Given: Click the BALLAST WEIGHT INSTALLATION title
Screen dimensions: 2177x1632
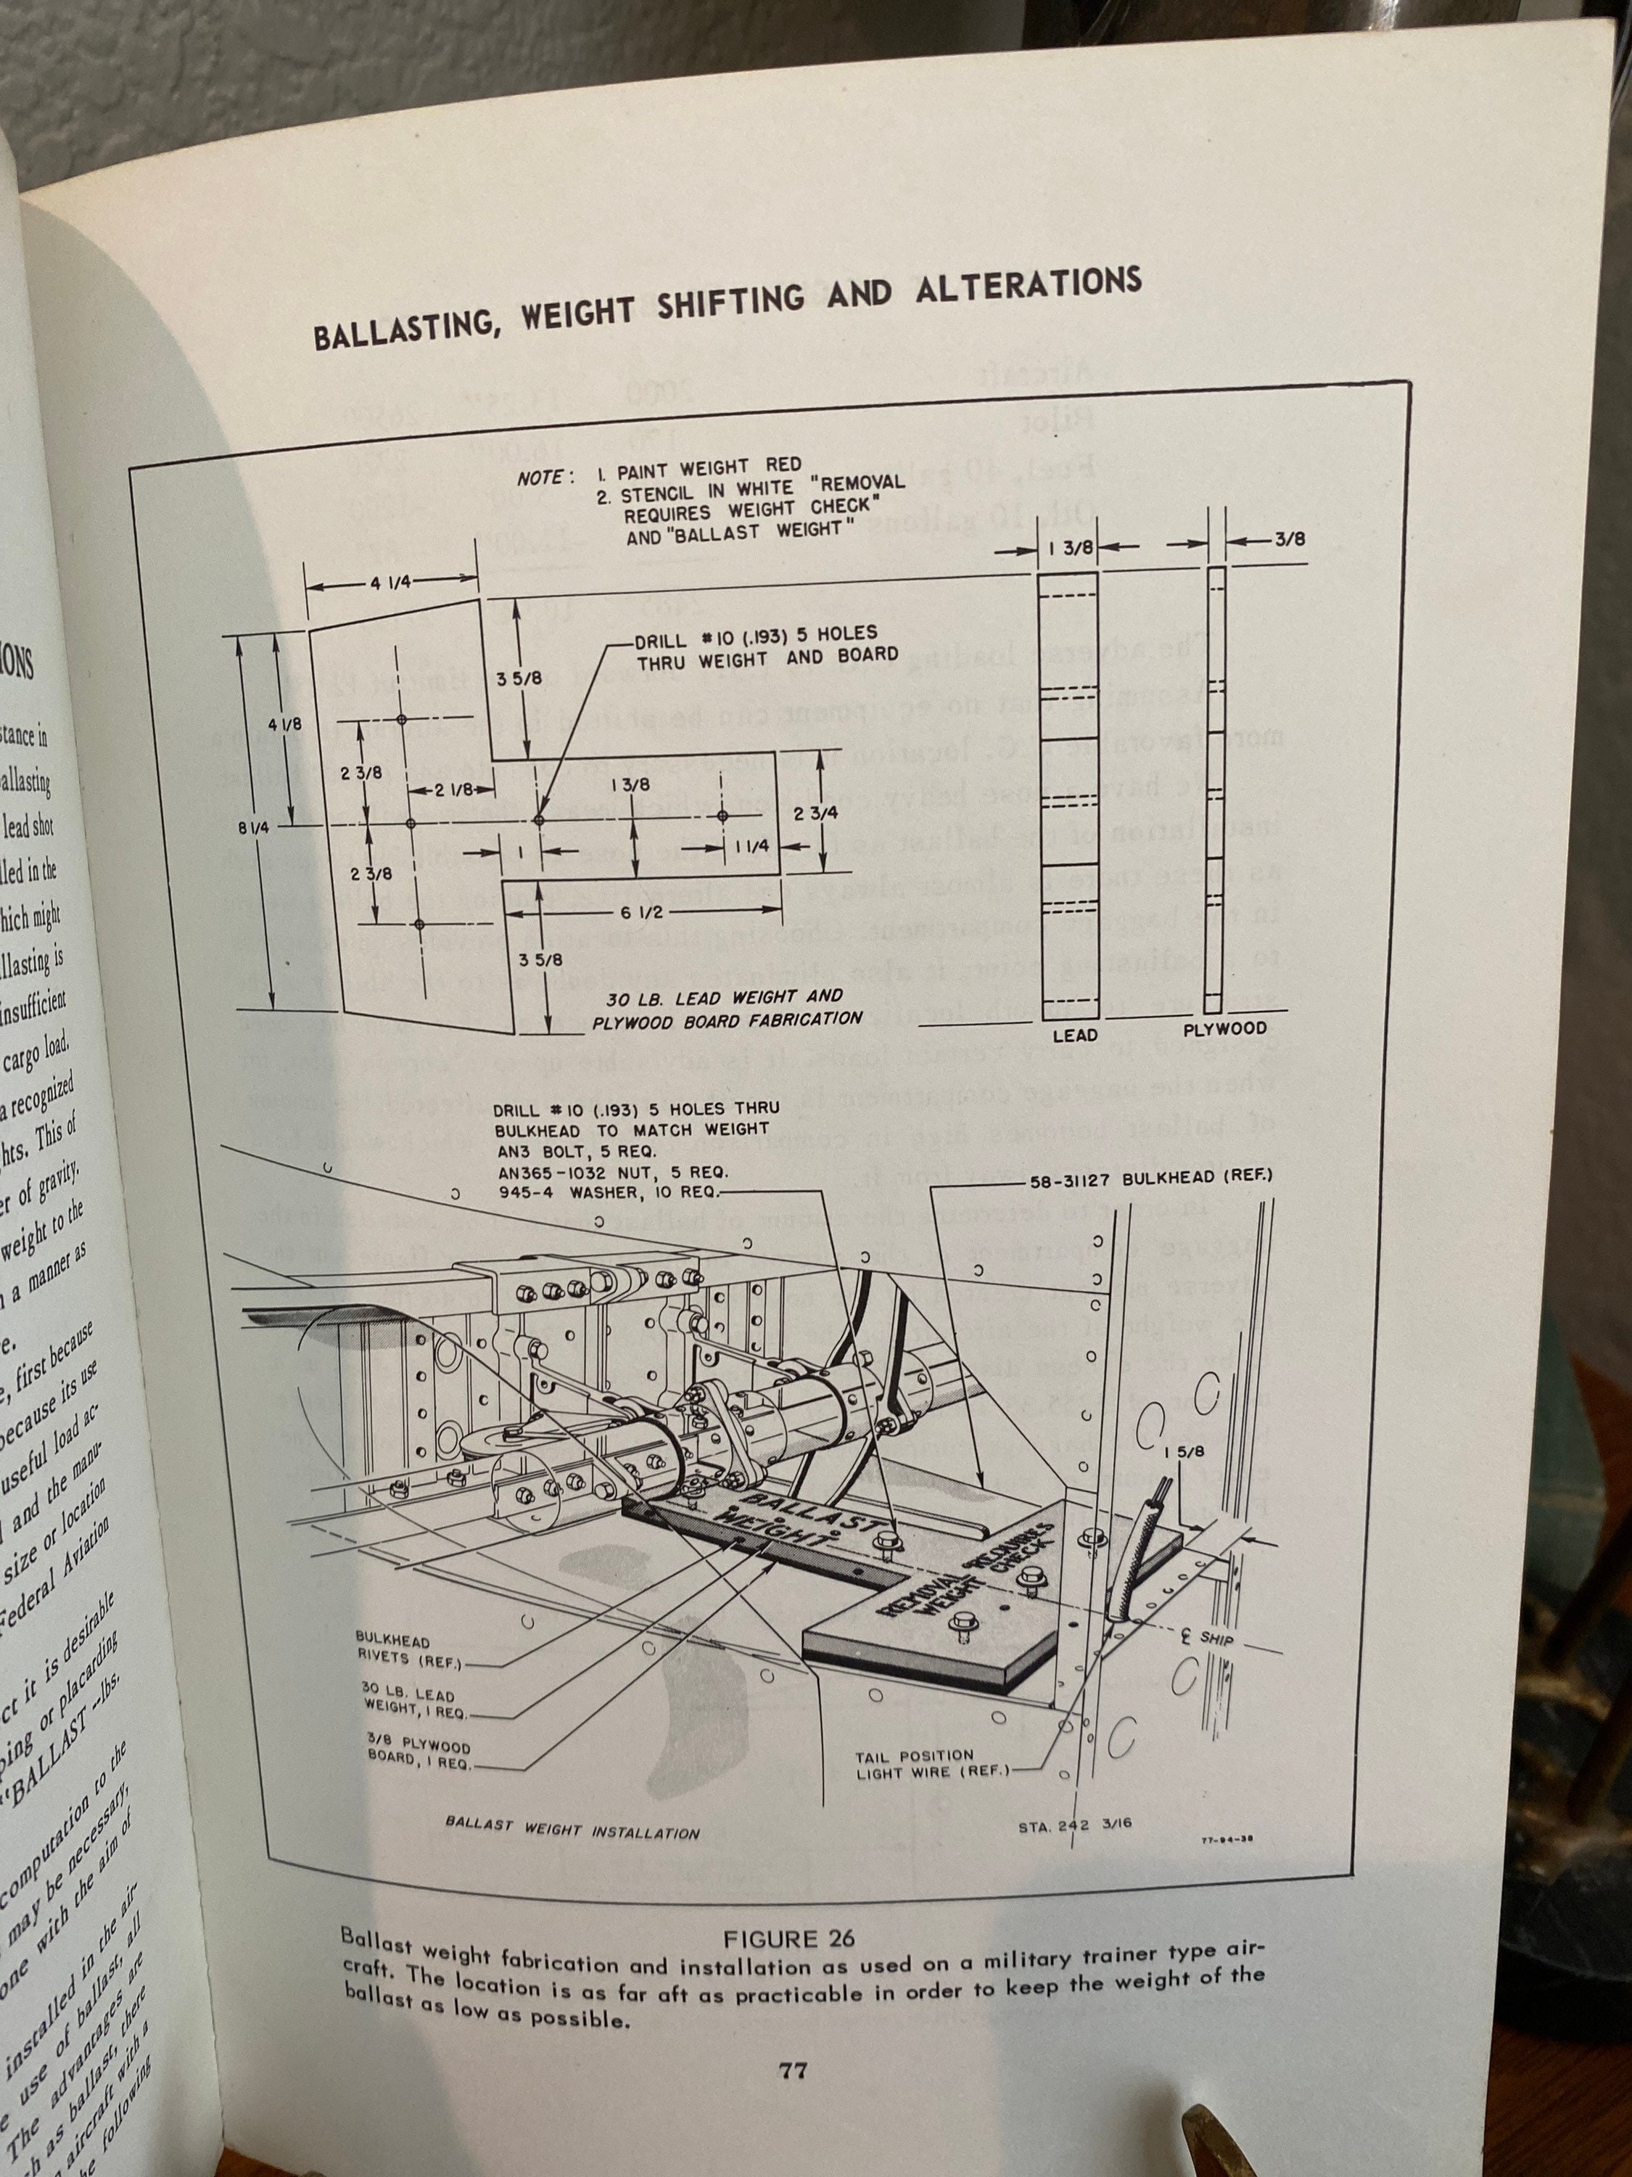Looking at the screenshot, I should tap(572, 1831).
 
